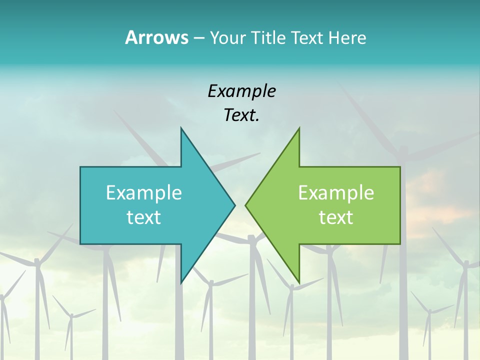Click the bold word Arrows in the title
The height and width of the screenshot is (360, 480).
point(157,37)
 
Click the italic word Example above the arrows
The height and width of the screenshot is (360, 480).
point(241,91)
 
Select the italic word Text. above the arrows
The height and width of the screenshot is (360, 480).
point(241,115)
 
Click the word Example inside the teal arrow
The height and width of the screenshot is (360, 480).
point(144,192)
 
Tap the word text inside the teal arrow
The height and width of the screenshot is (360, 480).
point(144,217)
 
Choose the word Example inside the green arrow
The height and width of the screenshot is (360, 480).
point(336,192)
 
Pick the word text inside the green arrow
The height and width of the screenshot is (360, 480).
point(336,217)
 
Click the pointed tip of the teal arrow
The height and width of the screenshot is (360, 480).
point(234,205)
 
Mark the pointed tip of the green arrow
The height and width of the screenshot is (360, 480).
point(245,205)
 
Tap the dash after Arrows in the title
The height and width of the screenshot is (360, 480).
point(198,38)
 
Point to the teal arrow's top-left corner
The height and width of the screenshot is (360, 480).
point(81,167)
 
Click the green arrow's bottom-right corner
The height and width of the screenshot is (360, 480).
point(399,243)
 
